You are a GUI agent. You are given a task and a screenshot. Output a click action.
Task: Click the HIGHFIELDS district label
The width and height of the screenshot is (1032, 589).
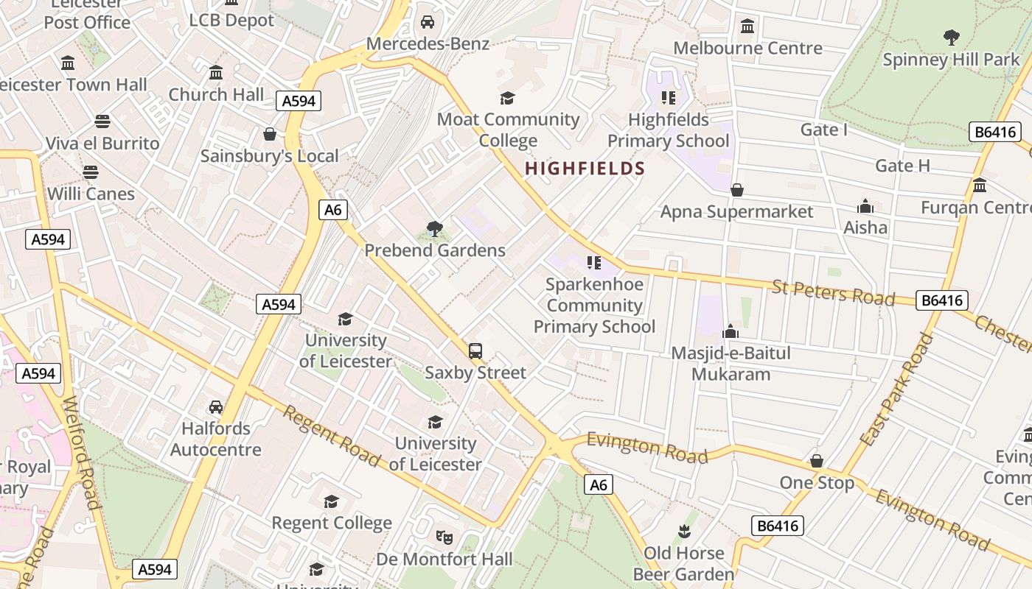click(x=585, y=169)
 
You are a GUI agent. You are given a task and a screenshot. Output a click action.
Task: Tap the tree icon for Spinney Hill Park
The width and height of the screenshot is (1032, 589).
click(x=952, y=36)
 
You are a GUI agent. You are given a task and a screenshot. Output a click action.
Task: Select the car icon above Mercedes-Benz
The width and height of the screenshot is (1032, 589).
click(x=428, y=22)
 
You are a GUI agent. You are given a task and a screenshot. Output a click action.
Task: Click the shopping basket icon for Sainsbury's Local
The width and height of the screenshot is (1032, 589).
click(x=270, y=134)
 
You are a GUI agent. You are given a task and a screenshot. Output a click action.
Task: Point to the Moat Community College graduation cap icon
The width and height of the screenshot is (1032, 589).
click(x=507, y=98)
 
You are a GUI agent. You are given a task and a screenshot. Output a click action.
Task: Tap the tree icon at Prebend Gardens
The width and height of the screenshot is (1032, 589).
click(x=435, y=229)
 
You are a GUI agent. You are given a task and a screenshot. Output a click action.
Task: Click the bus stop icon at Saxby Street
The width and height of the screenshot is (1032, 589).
click(x=475, y=351)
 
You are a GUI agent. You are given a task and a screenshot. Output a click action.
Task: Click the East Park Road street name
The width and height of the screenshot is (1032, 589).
click(x=897, y=390)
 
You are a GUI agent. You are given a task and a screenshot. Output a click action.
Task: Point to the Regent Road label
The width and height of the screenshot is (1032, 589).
click(x=331, y=436)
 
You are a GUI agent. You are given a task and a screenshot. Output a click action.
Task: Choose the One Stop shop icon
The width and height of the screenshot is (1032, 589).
click(x=817, y=462)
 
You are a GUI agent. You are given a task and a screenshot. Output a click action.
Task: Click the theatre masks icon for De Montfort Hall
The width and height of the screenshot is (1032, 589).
click(x=444, y=537)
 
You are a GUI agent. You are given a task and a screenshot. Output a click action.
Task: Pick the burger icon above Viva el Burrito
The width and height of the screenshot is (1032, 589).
click(x=102, y=121)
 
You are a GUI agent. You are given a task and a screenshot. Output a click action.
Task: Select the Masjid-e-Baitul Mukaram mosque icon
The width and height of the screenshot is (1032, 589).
click(x=731, y=332)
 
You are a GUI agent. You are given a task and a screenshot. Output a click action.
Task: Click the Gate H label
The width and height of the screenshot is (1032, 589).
click(x=902, y=166)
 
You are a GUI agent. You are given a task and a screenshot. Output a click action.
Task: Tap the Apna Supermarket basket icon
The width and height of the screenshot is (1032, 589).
click(x=736, y=191)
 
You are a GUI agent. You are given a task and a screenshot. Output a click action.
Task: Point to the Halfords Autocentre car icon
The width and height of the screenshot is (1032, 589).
click(x=216, y=407)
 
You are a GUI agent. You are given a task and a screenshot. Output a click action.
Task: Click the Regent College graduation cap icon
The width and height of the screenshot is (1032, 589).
click(x=331, y=501)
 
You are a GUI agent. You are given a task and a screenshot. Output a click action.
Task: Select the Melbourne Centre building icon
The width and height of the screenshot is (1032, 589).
click(x=747, y=27)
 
